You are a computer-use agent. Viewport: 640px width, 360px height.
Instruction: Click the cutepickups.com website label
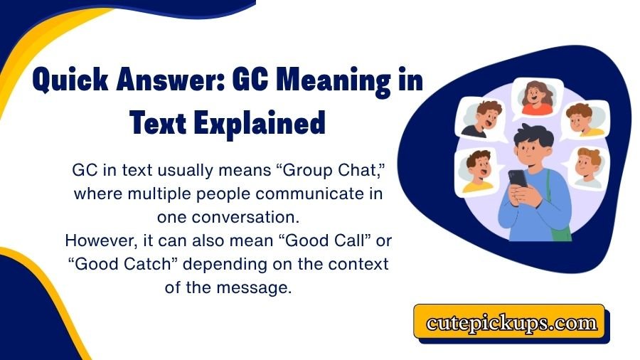511,323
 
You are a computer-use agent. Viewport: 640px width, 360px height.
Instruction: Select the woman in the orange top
538,98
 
